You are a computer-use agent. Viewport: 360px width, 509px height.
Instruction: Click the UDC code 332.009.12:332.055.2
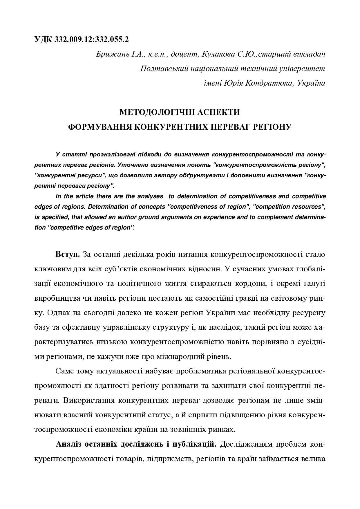[91, 39]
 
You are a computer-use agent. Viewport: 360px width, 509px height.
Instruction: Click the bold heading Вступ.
[68, 255]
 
